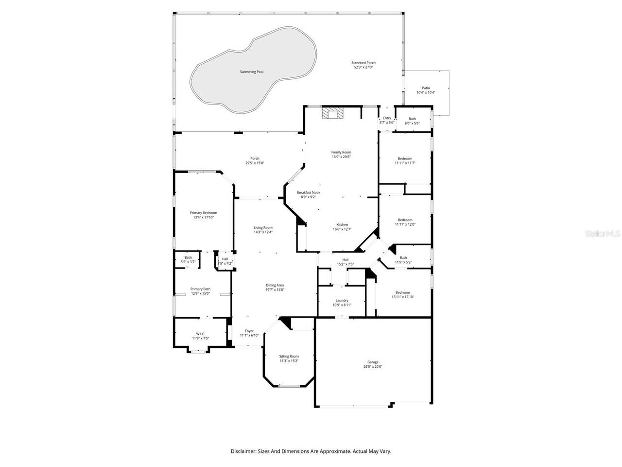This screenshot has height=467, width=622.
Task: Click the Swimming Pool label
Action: (252, 72)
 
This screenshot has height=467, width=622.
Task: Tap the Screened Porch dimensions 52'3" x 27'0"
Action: (363, 67)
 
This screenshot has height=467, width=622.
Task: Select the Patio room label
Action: (426, 88)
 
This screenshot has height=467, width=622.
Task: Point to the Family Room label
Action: (341, 152)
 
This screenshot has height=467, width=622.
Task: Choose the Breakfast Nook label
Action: (309, 193)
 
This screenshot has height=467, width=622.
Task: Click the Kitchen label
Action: (342, 225)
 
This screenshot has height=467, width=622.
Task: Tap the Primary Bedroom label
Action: (203, 213)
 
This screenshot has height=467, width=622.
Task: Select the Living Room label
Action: (263, 227)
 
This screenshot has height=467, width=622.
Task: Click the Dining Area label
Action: (275, 285)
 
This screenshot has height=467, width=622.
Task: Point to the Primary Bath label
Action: (200, 289)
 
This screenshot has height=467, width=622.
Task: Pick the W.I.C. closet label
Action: (200, 334)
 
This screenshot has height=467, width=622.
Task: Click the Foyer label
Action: (249, 331)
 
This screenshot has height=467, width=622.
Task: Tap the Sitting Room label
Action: (289, 357)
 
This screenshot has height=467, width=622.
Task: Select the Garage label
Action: (373, 362)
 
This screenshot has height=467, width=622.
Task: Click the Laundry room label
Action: (342, 300)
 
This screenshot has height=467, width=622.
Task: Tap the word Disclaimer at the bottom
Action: (242, 451)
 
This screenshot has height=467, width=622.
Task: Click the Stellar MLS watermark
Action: (603, 234)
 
